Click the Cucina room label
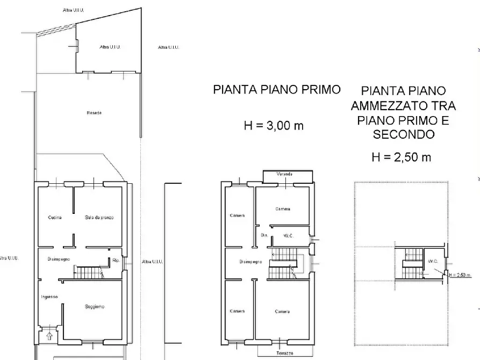(x=54, y=218)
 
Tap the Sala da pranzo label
(x=99, y=218)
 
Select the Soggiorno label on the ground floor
(x=95, y=307)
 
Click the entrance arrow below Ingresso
(x=51, y=337)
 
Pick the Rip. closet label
(x=116, y=262)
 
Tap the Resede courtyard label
(x=94, y=113)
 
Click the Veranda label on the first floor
(x=284, y=175)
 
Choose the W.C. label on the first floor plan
(x=288, y=235)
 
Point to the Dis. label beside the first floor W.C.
(x=264, y=235)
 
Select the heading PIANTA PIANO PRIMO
(x=277, y=90)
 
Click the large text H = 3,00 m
(x=274, y=126)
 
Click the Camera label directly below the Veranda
(x=283, y=209)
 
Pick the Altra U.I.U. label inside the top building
(x=110, y=47)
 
